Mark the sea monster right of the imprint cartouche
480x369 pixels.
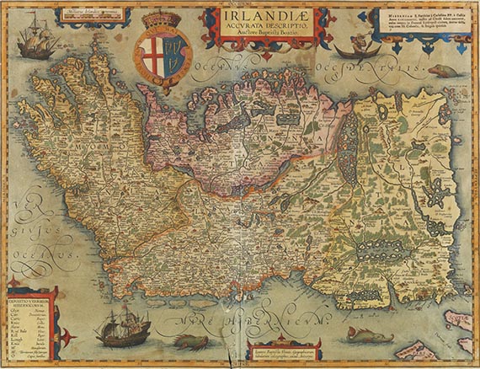pos(371,337)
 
